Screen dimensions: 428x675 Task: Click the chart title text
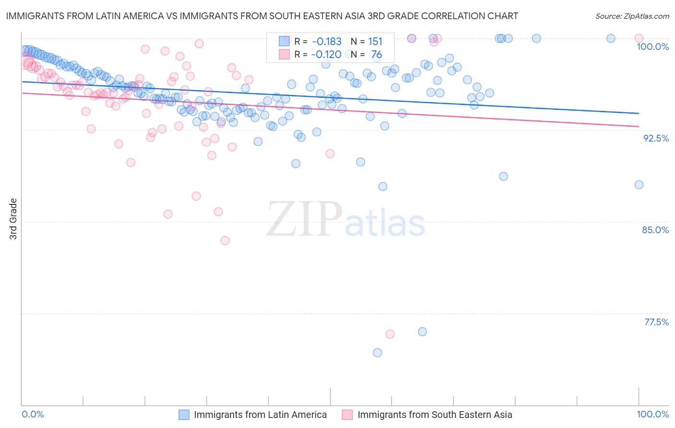(262, 16)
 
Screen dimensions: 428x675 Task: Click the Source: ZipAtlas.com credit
(632, 16)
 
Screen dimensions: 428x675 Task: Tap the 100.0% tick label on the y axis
(652, 47)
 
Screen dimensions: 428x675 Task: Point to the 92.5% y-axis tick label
(656, 138)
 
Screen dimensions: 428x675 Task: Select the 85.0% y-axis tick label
(655, 230)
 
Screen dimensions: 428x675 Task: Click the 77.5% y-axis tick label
(656, 322)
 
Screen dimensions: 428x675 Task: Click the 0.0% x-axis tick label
(33, 414)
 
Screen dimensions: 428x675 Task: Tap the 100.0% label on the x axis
(652, 414)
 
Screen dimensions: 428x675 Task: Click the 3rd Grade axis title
(13, 219)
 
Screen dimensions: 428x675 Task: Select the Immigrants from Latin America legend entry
(260, 415)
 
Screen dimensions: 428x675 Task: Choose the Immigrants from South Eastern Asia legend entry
(434, 415)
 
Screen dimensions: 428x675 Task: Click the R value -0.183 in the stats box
(326, 42)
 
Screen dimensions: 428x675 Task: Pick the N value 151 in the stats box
(375, 42)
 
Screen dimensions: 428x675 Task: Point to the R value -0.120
(326, 55)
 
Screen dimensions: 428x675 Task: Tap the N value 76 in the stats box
(376, 55)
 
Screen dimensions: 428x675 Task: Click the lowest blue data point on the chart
(377, 353)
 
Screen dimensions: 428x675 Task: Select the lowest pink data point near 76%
(390, 334)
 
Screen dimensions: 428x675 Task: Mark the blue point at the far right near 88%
(639, 185)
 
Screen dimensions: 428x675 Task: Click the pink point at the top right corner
(639, 38)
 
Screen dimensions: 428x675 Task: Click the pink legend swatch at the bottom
(347, 415)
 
